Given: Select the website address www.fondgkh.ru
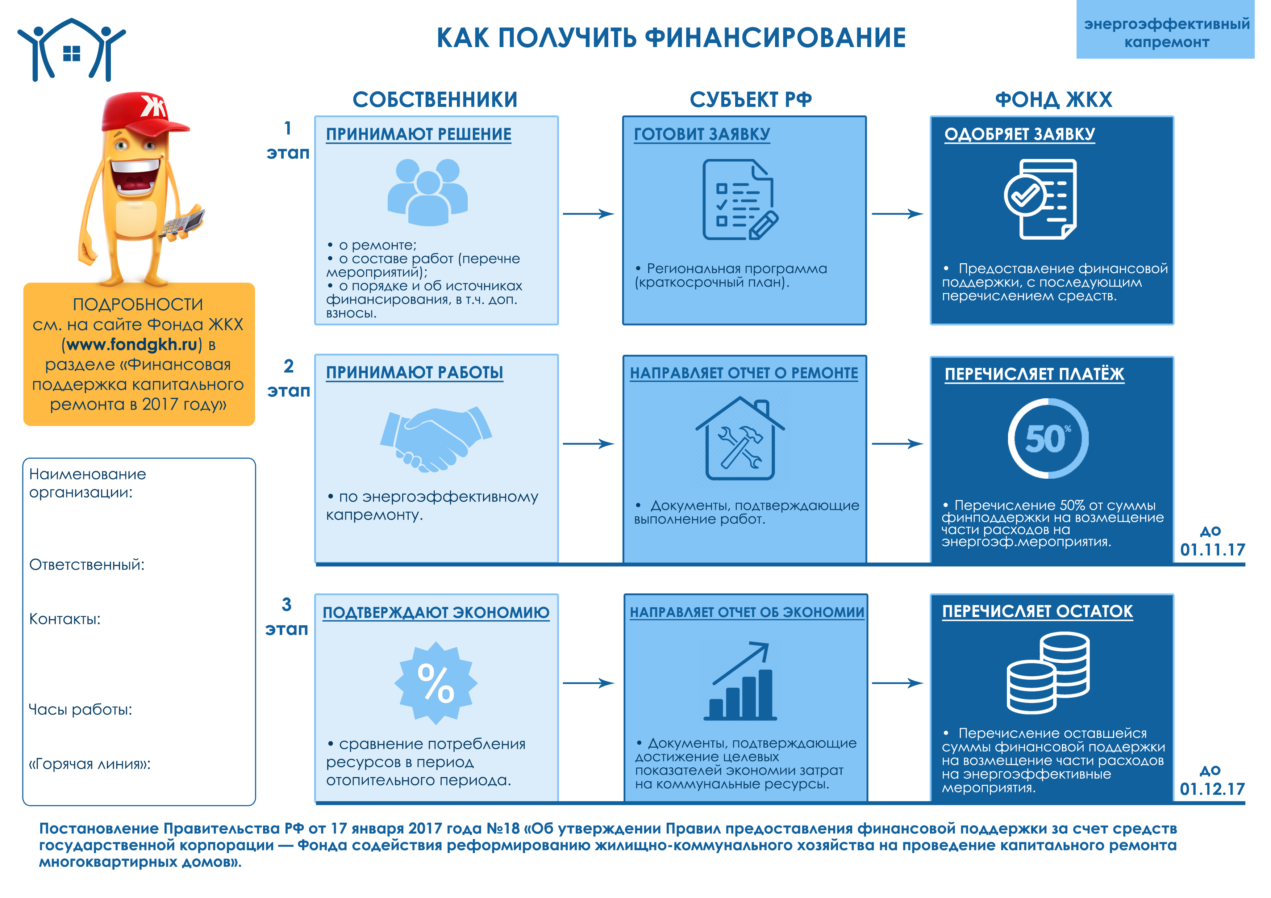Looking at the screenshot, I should [132, 345].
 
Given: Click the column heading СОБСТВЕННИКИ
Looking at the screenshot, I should [435, 100].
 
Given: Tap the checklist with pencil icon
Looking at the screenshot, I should [739, 200].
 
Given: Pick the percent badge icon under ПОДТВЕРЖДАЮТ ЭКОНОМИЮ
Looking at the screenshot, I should [436, 683].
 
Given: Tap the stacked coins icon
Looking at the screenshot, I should [1047, 673].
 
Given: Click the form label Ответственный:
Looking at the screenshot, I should [87, 565].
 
